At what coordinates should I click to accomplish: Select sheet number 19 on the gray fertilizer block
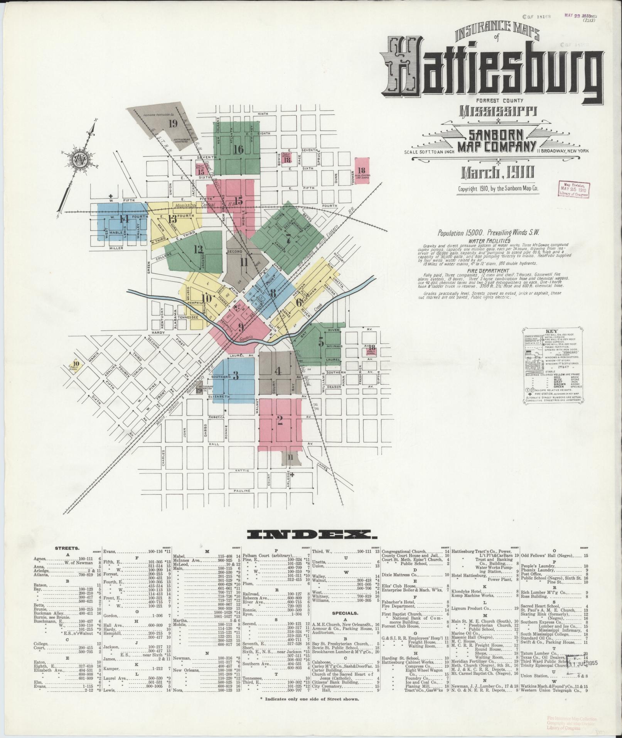pos(172,124)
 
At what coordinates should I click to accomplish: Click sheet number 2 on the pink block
pos(280,420)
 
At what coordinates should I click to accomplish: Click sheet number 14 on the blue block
pos(124,219)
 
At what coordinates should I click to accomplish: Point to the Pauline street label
pos(242,490)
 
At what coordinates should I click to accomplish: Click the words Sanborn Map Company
pos(496,141)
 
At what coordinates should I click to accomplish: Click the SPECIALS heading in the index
pos(346,623)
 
